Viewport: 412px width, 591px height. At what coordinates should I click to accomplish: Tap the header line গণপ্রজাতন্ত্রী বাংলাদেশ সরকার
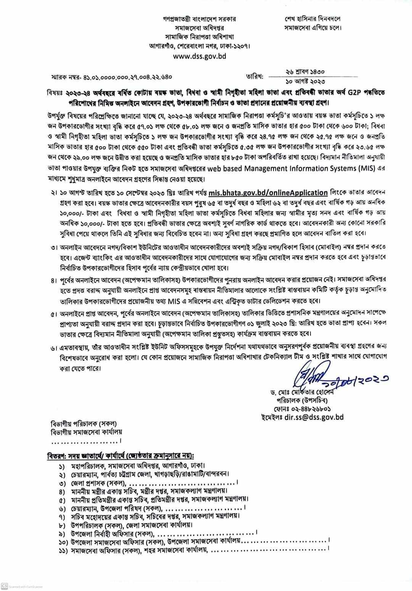pyautogui.click(x=200, y=19)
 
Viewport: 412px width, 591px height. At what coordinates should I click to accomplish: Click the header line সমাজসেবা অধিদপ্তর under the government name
pyautogui.click(x=200, y=28)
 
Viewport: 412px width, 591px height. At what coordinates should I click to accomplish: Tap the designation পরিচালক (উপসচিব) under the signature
pyautogui.click(x=301, y=401)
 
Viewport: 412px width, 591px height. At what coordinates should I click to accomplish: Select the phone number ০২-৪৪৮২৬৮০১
pyautogui.click(x=309, y=409)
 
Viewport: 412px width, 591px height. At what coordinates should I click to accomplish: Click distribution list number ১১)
pyautogui.click(x=63, y=551)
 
